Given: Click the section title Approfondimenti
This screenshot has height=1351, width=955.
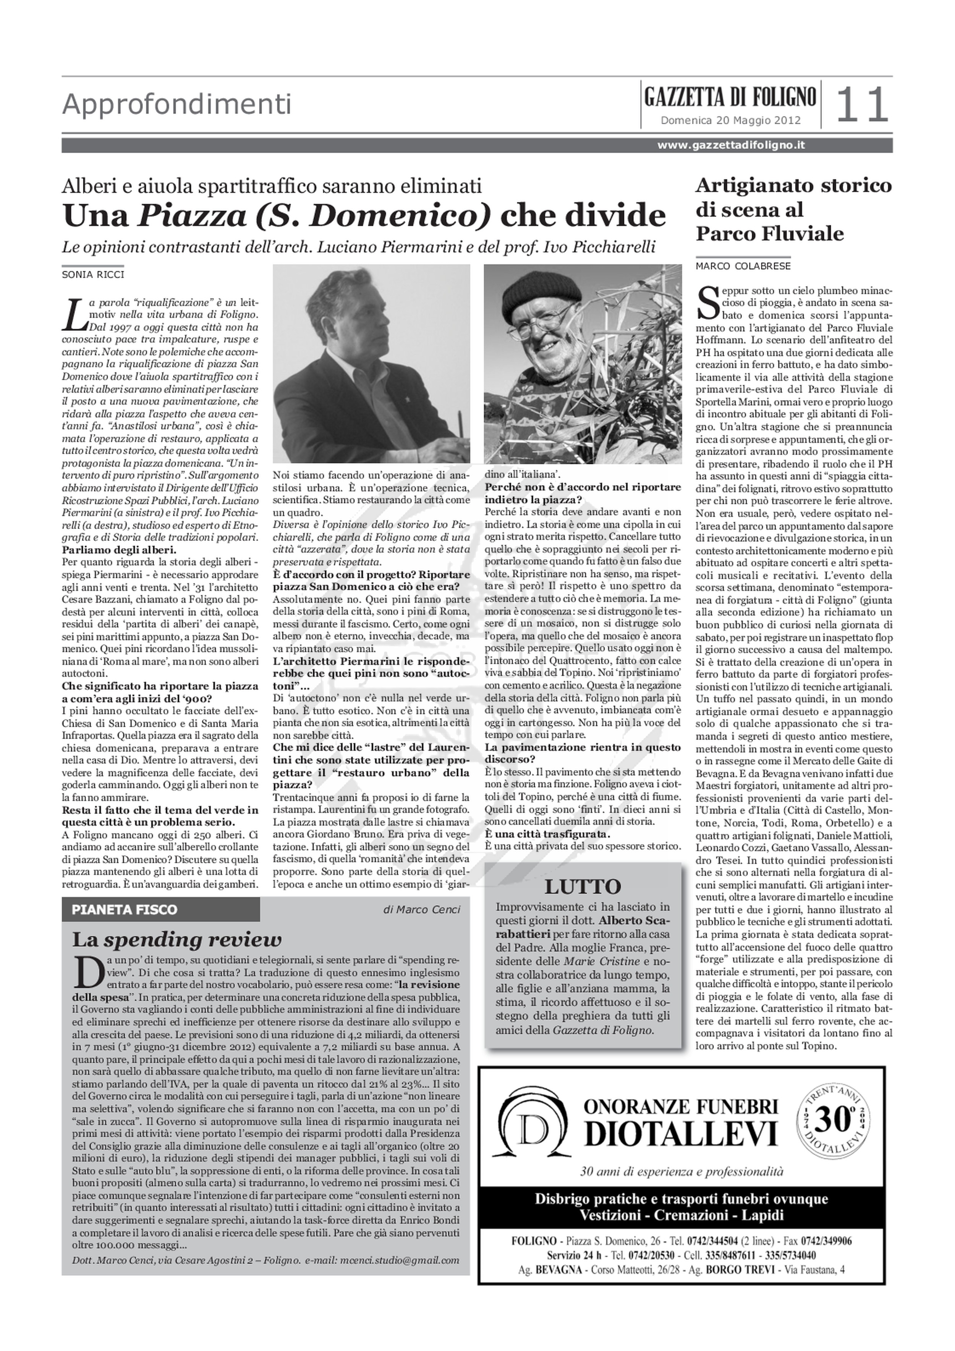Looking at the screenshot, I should point(176,105).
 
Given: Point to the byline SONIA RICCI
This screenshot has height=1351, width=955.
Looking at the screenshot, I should point(93,274).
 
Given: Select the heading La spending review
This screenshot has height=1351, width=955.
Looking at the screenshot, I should point(176,940).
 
